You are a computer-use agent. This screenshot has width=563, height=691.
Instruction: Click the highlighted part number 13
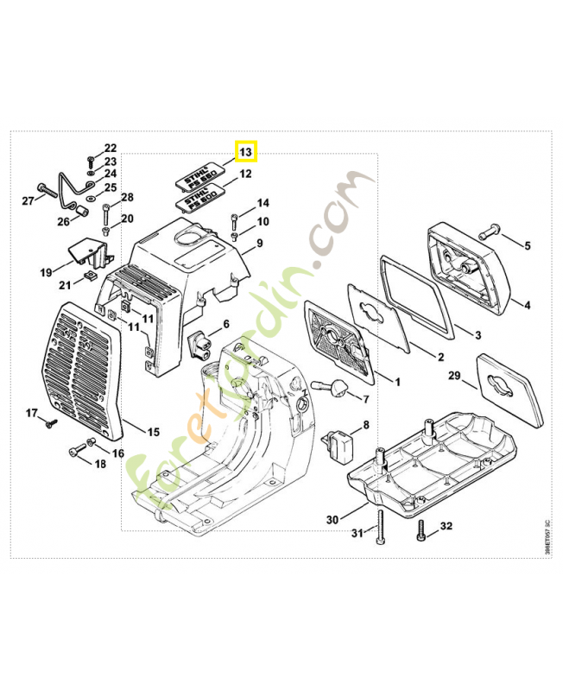click(x=246, y=152)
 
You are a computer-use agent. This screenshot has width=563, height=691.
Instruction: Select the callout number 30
click(x=332, y=520)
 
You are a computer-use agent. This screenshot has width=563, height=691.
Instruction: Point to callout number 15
click(x=153, y=431)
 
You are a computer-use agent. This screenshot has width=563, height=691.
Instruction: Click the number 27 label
click(x=28, y=200)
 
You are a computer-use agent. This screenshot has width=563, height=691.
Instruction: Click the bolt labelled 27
click(x=47, y=188)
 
